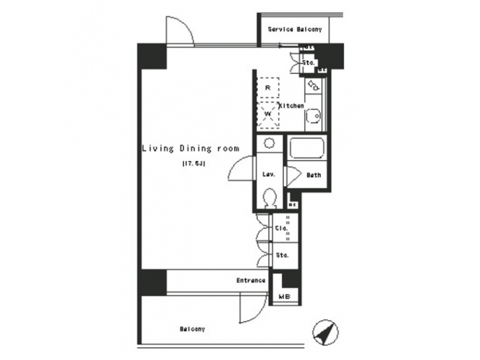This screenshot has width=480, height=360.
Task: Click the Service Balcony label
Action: [x=295, y=29]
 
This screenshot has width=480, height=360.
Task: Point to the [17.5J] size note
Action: [x=193, y=163]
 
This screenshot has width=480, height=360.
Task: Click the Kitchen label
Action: [x=292, y=106]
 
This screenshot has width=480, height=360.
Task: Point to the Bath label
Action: [x=313, y=175]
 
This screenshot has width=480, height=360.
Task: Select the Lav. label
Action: [x=269, y=175]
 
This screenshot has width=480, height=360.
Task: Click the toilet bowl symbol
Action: [x=269, y=197]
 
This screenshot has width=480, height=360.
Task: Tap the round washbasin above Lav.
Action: [x=269, y=143]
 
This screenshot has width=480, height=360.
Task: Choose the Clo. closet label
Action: [x=281, y=229]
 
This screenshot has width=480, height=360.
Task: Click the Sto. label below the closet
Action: [x=281, y=255]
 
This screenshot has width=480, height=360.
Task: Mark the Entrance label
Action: [x=251, y=281]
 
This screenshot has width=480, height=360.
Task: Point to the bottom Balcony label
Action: [x=192, y=329]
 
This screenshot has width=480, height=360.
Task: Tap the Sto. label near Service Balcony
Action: [x=309, y=63]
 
